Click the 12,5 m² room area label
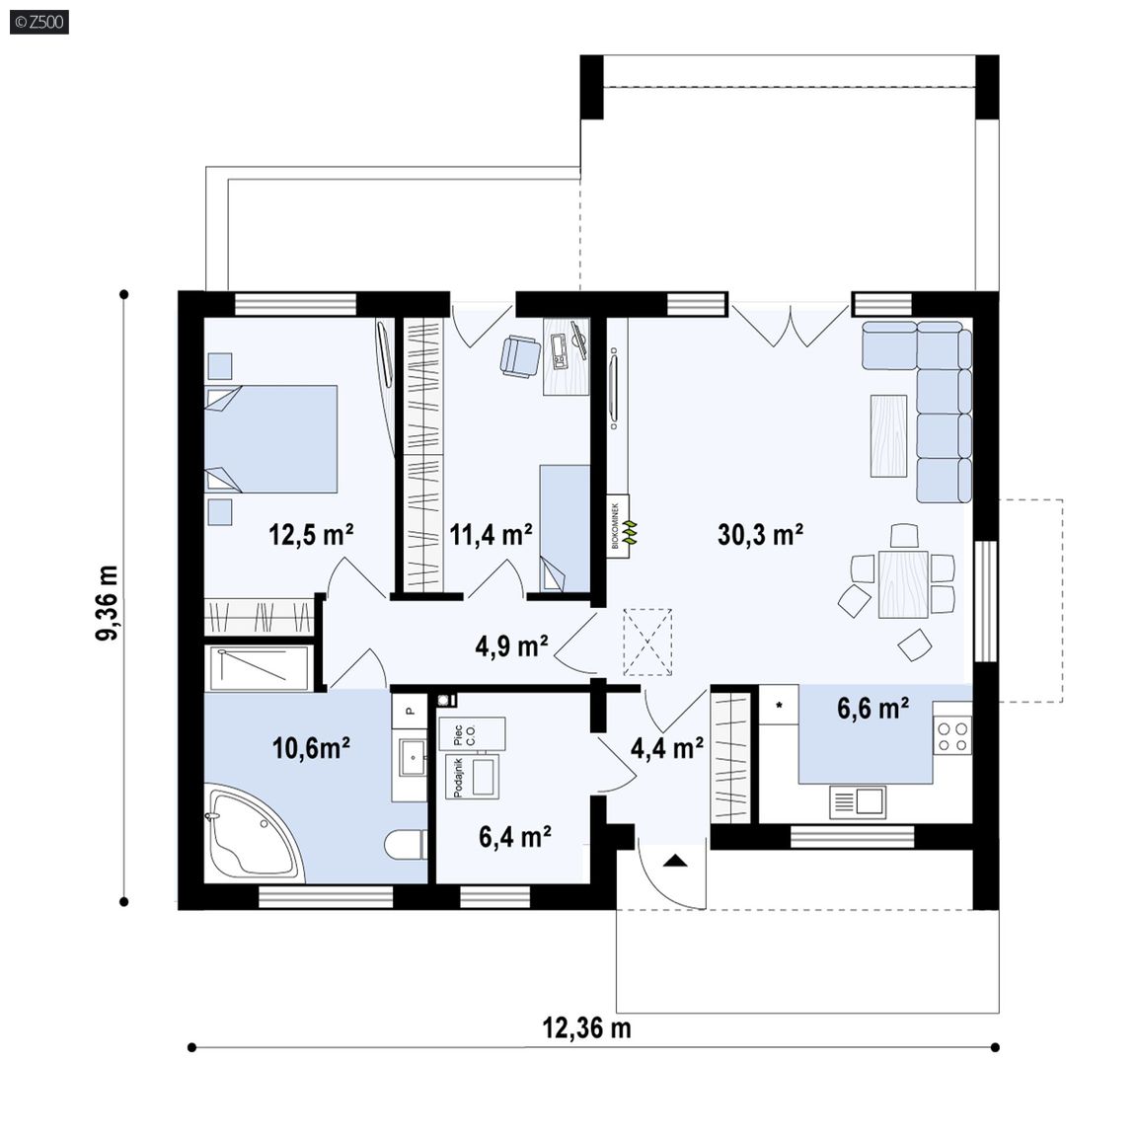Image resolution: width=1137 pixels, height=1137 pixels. coord(311,535)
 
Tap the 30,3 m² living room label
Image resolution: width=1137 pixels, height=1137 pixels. coord(761,534)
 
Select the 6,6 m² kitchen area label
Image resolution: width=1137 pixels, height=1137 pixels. coord(873,708)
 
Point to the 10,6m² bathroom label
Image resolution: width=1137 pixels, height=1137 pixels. coord(312,747)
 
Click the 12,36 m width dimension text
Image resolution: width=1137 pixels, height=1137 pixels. coord(586,1027)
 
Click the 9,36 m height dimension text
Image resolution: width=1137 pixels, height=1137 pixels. coord(108,603)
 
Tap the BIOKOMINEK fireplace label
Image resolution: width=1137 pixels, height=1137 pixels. coord(616,526)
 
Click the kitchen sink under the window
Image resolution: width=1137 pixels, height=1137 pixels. coord(858,802)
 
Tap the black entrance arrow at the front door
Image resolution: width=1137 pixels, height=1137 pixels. coord(675,861)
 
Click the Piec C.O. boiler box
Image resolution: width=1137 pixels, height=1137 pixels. coord(472,734)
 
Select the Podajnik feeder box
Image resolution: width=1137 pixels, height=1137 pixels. coord(473,778)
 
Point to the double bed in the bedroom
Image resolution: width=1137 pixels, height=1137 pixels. coord(271,439)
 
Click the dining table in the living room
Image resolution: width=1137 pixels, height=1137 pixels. coord(903,583)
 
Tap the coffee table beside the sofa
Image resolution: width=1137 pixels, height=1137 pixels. coord(889,436)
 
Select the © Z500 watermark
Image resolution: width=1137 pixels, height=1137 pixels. coord(39,22)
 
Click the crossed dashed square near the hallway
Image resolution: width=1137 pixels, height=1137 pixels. coord(647,642)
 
